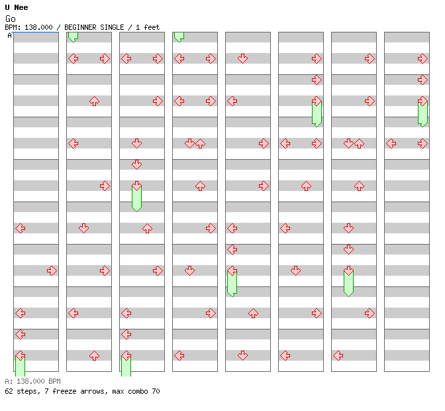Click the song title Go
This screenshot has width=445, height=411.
click(11, 19)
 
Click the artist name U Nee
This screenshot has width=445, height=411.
click(17, 7)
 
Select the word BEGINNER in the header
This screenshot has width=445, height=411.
click(80, 27)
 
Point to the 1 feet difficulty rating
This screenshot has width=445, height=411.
click(148, 27)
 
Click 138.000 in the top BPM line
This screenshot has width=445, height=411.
click(38, 27)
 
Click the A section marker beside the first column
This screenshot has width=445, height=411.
click(10, 36)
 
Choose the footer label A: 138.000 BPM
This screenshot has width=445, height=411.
click(32, 381)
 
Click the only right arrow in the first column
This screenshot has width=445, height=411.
click(52, 270)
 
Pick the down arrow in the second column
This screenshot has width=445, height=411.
click(83, 228)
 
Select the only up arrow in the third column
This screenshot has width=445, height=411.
click(147, 228)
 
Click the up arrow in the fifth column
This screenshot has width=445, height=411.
click(253, 314)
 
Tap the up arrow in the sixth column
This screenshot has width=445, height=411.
click(306, 186)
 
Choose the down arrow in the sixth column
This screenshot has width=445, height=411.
click(296, 270)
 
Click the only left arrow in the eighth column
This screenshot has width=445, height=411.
click(391, 143)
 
